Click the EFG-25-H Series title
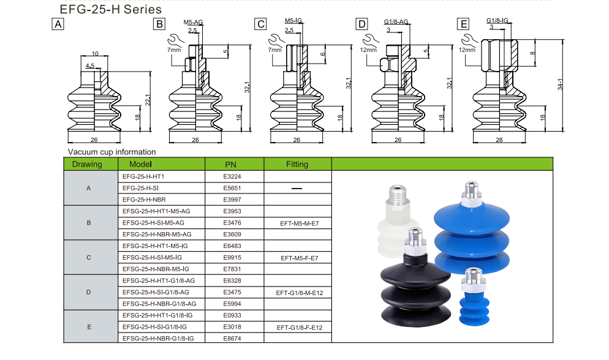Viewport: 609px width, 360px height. click(110, 10)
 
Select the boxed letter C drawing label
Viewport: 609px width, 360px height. click(261, 24)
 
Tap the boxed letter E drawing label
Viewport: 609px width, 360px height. click(463, 24)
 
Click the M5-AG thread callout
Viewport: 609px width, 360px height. click(193, 22)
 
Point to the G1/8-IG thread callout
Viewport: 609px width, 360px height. click(497, 20)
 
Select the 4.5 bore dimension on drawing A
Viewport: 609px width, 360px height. click(90, 66)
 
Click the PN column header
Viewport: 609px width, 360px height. click(230, 164)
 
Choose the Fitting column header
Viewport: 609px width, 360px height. click(297, 164)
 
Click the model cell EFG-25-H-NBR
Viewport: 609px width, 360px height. click(145, 200)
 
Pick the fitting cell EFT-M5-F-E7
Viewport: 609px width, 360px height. click(297, 258)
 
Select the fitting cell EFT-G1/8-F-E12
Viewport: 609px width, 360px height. click(297, 328)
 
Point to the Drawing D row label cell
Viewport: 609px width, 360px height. click(89, 293)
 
